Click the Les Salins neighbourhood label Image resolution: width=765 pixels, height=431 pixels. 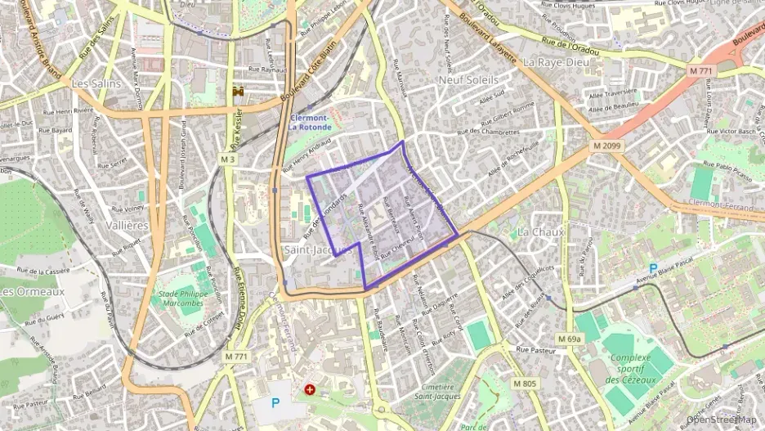91,83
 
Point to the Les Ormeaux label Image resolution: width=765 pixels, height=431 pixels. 32,291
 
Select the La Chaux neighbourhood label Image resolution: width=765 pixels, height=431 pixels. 541,232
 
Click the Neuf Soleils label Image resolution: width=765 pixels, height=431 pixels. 468,80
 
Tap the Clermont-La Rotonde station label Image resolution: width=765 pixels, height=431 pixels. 310,123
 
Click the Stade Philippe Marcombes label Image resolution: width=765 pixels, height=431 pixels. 180,298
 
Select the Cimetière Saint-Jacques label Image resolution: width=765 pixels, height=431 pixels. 436,391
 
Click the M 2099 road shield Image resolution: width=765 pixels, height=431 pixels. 604,146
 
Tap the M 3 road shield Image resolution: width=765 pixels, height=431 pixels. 227,158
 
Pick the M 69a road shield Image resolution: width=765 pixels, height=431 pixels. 570,339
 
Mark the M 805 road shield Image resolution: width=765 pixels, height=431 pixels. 526,383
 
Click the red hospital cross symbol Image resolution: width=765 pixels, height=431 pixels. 310,389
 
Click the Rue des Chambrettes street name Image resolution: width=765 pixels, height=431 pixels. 488,131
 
